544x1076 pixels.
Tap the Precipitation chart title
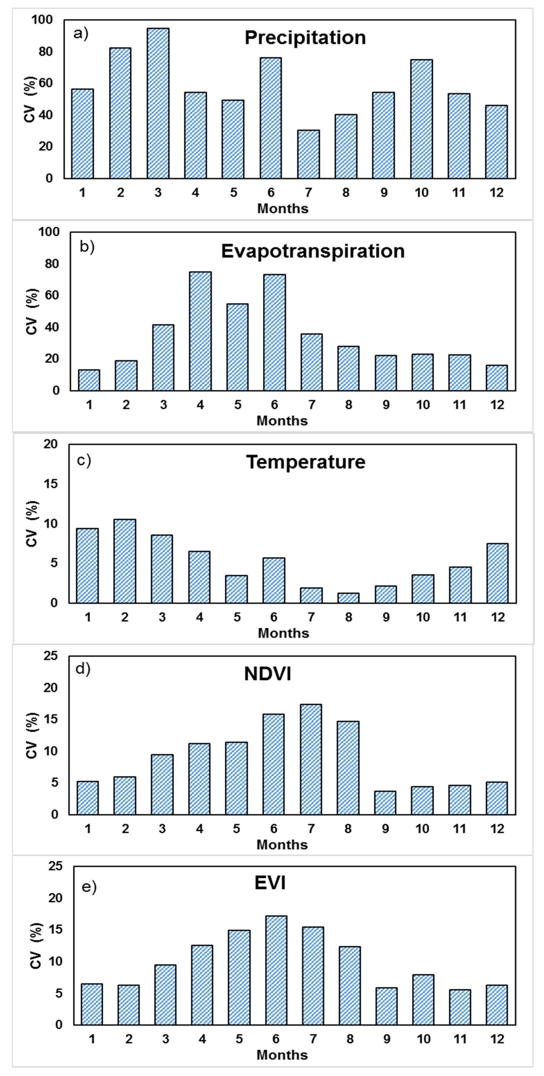(x=305, y=38)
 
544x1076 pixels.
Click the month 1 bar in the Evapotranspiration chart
(x=89, y=380)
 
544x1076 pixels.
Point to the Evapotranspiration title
(x=313, y=251)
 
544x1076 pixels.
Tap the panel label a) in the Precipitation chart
(x=81, y=33)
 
